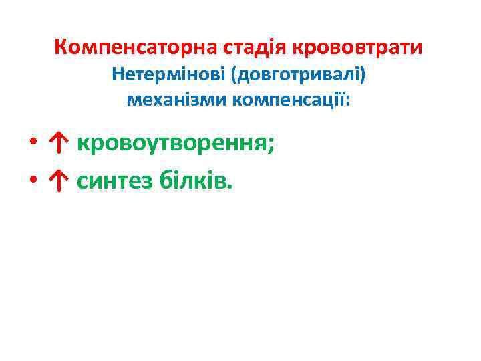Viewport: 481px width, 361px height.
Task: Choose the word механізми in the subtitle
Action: pos(177,100)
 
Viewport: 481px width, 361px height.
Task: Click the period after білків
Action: pos(231,186)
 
